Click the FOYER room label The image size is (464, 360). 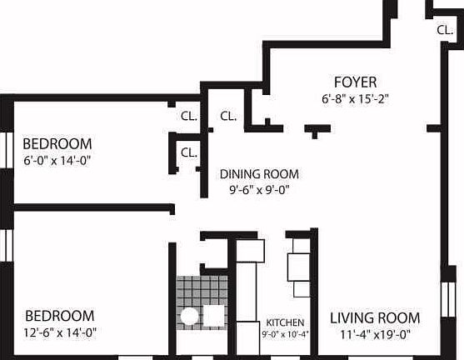pyautogui.click(x=355, y=82)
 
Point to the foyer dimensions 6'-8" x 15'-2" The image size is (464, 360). pyautogui.click(x=355, y=98)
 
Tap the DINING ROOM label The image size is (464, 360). pyautogui.click(x=259, y=174)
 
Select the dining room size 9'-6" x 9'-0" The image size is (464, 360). pyautogui.click(x=259, y=189)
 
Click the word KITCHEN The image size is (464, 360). pyautogui.click(x=285, y=322)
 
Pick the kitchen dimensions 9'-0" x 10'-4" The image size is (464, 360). pyautogui.click(x=285, y=334)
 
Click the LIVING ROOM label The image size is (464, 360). pyautogui.click(x=375, y=318)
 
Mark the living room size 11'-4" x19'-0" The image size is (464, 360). pyautogui.click(x=375, y=335)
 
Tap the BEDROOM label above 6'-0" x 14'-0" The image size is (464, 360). pyautogui.click(x=57, y=144)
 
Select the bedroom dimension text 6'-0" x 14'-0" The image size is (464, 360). pyautogui.click(x=57, y=161)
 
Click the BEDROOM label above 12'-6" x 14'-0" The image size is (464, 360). pyautogui.click(x=60, y=316)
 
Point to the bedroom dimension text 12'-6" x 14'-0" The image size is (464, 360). pyautogui.click(x=60, y=332)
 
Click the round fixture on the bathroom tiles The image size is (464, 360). pyautogui.click(x=189, y=316)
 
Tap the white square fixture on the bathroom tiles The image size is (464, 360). pyautogui.click(x=213, y=316)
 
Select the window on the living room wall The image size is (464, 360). pyautogui.click(x=447, y=299)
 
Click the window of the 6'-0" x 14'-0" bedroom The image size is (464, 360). pyautogui.click(x=7, y=150)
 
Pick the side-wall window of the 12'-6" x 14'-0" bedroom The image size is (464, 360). pyautogui.click(x=7, y=246)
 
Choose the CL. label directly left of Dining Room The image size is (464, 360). pyautogui.click(x=189, y=152)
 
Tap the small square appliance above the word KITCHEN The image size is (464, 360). pyautogui.click(x=302, y=289)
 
